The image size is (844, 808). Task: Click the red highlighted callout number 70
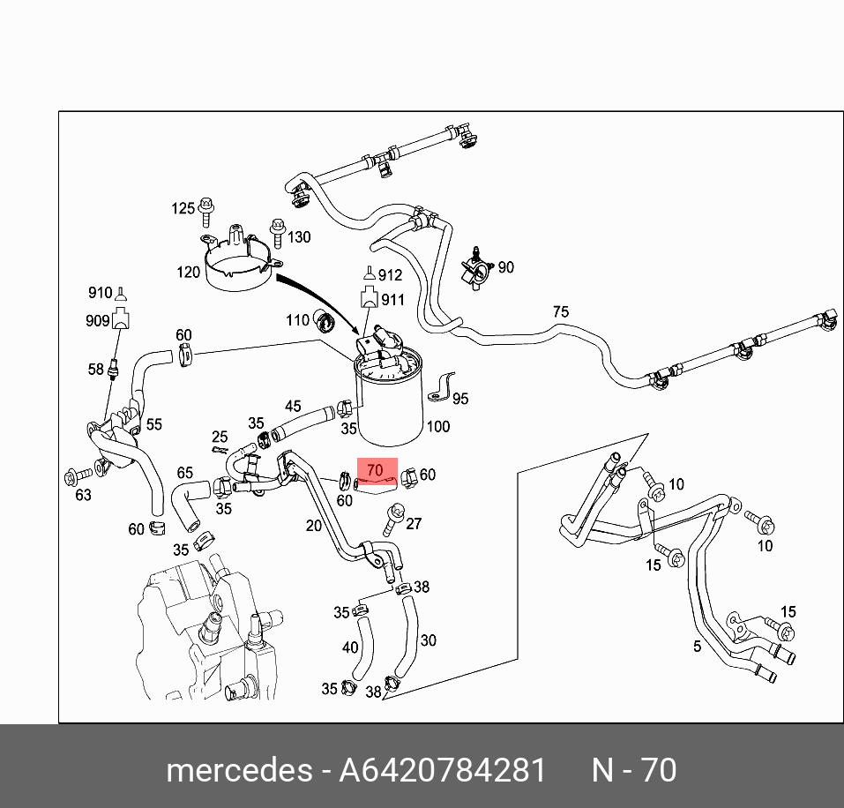pyautogui.click(x=376, y=472)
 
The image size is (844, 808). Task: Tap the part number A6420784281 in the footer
pyautogui.click(x=444, y=770)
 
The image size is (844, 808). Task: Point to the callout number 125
pyautogui.click(x=183, y=208)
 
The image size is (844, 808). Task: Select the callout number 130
pyautogui.click(x=300, y=237)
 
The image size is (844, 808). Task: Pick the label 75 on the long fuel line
pyautogui.click(x=561, y=311)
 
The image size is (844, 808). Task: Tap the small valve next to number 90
pyautogui.click(x=477, y=266)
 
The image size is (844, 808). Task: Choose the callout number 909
pyautogui.click(x=97, y=321)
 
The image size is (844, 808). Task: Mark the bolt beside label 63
pyautogui.click(x=72, y=478)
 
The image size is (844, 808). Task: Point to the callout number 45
pyautogui.click(x=293, y=407)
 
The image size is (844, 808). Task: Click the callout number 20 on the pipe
pyautogui.click(x=313, y=527)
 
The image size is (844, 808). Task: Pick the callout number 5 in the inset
pyautogui.click(x=697, y=647)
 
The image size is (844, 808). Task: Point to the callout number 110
pyautogui.click(x=297, y=319)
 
